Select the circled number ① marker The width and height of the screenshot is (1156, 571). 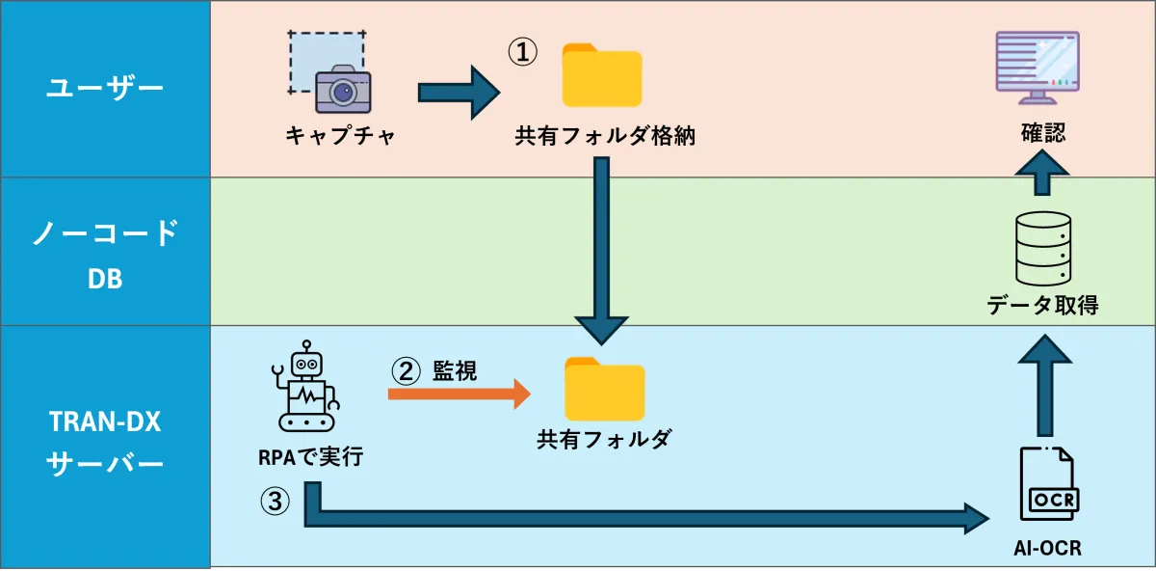point(521,53)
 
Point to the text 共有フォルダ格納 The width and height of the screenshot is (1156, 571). point(604,137)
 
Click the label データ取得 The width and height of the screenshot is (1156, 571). point(1042,306)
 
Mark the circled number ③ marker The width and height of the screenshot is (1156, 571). point(274,501)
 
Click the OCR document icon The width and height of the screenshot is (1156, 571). point(1048,488)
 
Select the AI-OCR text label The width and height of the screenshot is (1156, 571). point(1047,549)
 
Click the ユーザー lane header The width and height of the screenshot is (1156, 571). point(105,89)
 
